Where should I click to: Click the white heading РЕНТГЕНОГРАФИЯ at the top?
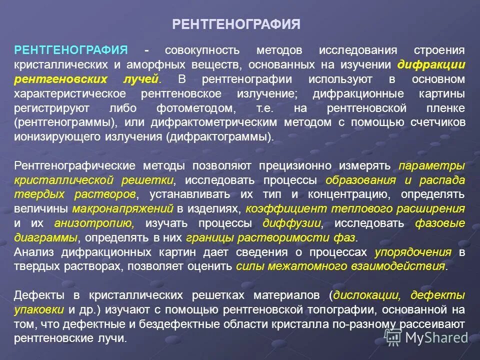[x=236, y=24]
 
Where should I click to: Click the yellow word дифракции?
[x=431, y=65]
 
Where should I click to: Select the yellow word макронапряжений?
[x=123, y=208]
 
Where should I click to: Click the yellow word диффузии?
[x=290, y=223]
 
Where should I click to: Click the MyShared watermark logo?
[x=429, y=337]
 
